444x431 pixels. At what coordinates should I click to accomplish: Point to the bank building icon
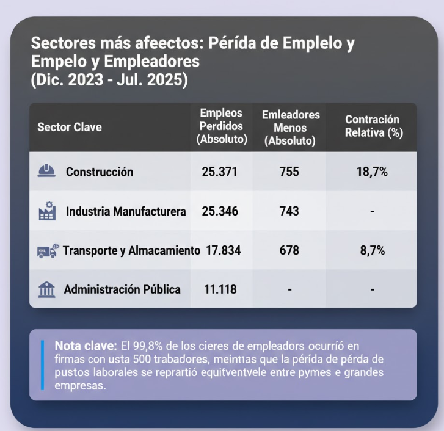pos(46,289)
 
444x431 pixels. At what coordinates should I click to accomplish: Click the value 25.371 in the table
pos(219,172)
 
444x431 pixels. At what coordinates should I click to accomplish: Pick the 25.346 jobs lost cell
pos(219,211)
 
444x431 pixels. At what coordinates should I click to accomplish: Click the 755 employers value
pos(289,172)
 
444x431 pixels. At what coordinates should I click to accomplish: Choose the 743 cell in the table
pos(289,211)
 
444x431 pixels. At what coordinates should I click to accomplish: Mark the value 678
pos(289,250)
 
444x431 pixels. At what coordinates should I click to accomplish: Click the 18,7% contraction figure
pos(372,172)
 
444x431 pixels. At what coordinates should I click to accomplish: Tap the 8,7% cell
pos(372,250)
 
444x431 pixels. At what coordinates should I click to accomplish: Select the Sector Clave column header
pos(70,127)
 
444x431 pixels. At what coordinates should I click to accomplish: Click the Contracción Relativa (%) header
pos(372,126)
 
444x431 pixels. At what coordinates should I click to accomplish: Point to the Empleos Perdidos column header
pos(221,126)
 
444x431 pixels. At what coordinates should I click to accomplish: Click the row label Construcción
pos(100,172)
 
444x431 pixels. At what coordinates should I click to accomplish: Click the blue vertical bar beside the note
pos(42,364)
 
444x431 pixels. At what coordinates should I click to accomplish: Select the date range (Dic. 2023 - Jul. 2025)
pos(109,81)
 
